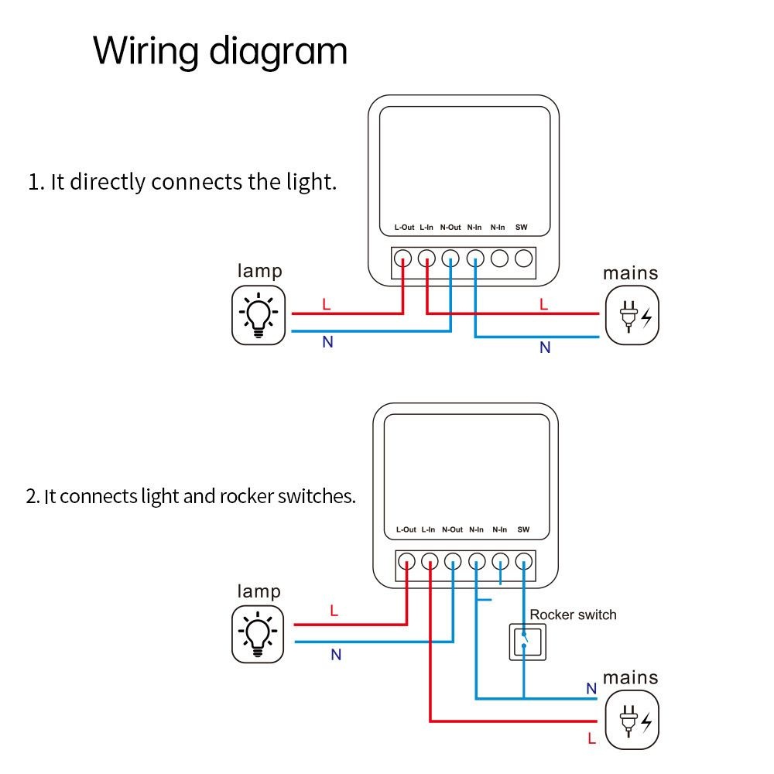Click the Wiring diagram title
221,52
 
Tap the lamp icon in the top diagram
259,315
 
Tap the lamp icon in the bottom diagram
259,634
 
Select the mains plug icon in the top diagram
632,315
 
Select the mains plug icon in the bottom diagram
632,720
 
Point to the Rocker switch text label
573,615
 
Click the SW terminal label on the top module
522,228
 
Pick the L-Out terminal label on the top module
404,228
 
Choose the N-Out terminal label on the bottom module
453,530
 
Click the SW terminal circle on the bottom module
526,561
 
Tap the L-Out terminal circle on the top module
402,259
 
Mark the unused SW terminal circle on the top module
524,259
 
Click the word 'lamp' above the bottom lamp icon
259,592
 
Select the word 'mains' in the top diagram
631,273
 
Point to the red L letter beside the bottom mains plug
592,739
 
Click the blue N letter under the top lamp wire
327,342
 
